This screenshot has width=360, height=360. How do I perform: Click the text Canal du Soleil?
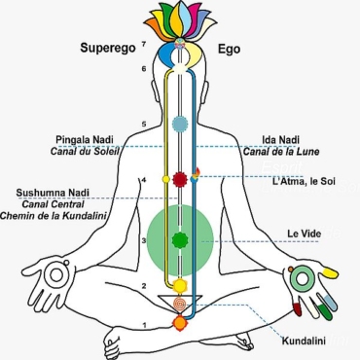(85, 152)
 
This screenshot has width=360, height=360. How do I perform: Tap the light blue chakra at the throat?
(178, 124)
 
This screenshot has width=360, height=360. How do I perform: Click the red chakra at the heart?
(178, 179)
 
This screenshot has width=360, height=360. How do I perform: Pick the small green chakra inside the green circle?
(178, 239)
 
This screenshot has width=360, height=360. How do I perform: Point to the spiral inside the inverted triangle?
(178, 303)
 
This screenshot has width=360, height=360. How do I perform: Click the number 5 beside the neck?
(144, 125)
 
